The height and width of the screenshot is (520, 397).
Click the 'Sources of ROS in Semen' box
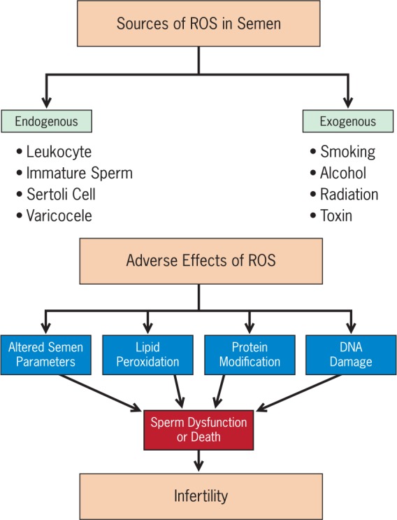click(198, 23)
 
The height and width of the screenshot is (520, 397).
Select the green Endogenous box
click(46, 121)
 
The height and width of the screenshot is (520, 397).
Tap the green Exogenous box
click(348, 121)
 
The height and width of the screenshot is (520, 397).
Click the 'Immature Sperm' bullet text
click(80, 173)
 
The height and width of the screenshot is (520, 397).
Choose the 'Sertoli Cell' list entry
click(61, 195)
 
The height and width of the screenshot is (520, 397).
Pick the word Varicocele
click(59, 216)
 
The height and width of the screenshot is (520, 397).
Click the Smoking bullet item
click(347, 152)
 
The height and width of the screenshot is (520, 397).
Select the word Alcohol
click(343, 173)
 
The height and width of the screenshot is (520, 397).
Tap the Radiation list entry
click(349, 195)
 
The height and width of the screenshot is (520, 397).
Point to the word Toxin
click(336, 216)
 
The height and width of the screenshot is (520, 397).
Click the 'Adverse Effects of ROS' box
click(201, 260)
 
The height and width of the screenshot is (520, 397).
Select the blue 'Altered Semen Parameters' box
click(45, 355)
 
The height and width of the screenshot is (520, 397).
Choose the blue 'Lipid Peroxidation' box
click(147, 355)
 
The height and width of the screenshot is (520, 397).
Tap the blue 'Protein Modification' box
click(250, 355)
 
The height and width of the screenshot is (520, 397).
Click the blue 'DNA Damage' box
click(351, 355)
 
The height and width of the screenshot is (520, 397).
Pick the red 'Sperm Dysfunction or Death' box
click(198, 430)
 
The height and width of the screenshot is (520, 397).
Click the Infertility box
click(201, 496)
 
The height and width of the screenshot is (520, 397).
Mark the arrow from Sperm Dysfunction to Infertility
click(198, 461)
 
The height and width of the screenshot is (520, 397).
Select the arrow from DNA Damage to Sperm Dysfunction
click(298, 393)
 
